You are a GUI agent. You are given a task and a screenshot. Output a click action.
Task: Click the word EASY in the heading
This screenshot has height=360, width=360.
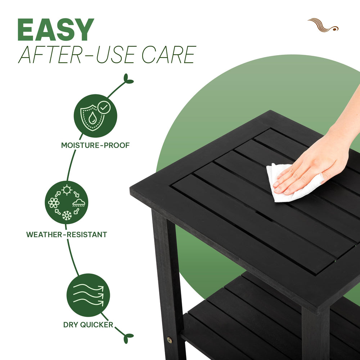click(x=56, y=30)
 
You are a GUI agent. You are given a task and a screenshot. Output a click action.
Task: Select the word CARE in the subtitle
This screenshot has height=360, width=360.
click(x=169, y=54)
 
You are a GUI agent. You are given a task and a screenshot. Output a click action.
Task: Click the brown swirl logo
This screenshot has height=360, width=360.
click(x=323, y=25)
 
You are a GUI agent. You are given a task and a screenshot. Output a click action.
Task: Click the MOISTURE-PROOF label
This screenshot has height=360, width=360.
click(x=95, y=145)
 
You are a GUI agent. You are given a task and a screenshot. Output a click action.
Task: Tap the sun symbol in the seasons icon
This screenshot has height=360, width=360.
click(x=67, y=190)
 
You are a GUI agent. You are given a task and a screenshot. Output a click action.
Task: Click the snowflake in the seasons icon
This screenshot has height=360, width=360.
click(x=67, y=215)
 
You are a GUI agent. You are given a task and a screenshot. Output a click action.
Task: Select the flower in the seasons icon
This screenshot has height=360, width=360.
click(x=54, y=203)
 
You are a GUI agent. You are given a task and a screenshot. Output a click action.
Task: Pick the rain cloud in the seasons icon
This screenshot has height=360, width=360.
click(x=79, y=203)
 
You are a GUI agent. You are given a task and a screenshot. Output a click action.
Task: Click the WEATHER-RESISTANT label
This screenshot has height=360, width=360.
click(x=67, y=235)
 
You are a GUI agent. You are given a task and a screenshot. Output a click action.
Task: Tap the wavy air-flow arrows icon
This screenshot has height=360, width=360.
click(x=89, y=295)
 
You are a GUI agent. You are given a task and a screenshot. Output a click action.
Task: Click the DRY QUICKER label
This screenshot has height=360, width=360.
click(x=88, y=325)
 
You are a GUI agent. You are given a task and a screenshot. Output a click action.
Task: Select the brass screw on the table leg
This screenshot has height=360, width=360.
click(x=170, y=340)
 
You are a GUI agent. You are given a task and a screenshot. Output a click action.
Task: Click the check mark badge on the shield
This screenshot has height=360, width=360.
click(x=104, y=107)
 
